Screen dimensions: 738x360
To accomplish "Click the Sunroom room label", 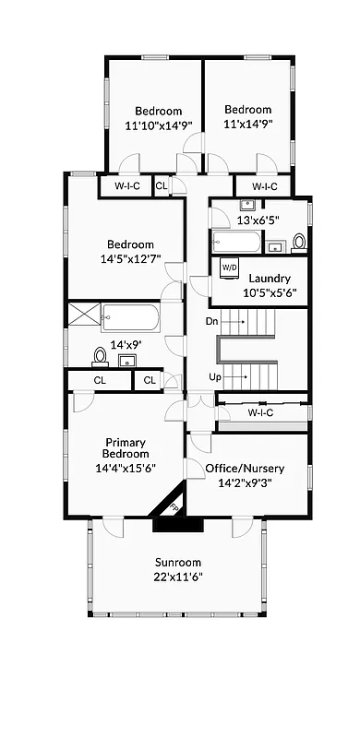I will tap(178, 562).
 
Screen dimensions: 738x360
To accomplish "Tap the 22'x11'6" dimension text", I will tap(178, 577).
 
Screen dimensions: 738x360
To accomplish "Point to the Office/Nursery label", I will tap(245, 468).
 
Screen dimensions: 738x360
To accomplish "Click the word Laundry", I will tap(270, 278).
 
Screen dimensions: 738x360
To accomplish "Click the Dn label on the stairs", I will tap(210, 322).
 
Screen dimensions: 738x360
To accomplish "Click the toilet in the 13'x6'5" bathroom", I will tap(298, 243).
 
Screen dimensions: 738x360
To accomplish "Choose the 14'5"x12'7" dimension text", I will tap(129, 258).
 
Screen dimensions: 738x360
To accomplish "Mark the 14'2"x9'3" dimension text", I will tap(245, 482).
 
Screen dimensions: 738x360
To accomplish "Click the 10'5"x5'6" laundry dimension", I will tap(270, 292).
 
